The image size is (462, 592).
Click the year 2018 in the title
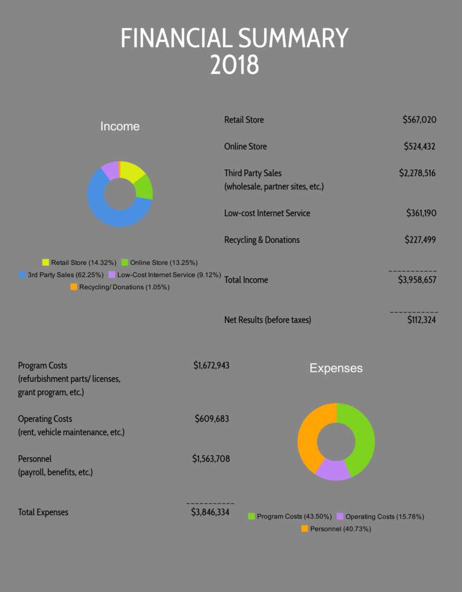(234, 65)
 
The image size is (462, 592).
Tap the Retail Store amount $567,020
(419, 120)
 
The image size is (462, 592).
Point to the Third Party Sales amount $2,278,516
(417, 173)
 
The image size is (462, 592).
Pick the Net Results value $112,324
(421, 320)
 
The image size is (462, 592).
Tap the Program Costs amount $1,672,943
(211, 365)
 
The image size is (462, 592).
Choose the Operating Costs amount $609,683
(212, 419)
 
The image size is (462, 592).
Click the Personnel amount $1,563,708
(211, 458)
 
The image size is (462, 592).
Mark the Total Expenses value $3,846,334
(210, 512)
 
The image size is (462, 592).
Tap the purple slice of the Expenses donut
(333, 469)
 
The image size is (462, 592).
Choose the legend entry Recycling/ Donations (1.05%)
(123, 287)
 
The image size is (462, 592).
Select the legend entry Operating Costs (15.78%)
(384, 516)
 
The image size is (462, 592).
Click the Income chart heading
(120, 126)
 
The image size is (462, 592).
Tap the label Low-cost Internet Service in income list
(267, 213)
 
